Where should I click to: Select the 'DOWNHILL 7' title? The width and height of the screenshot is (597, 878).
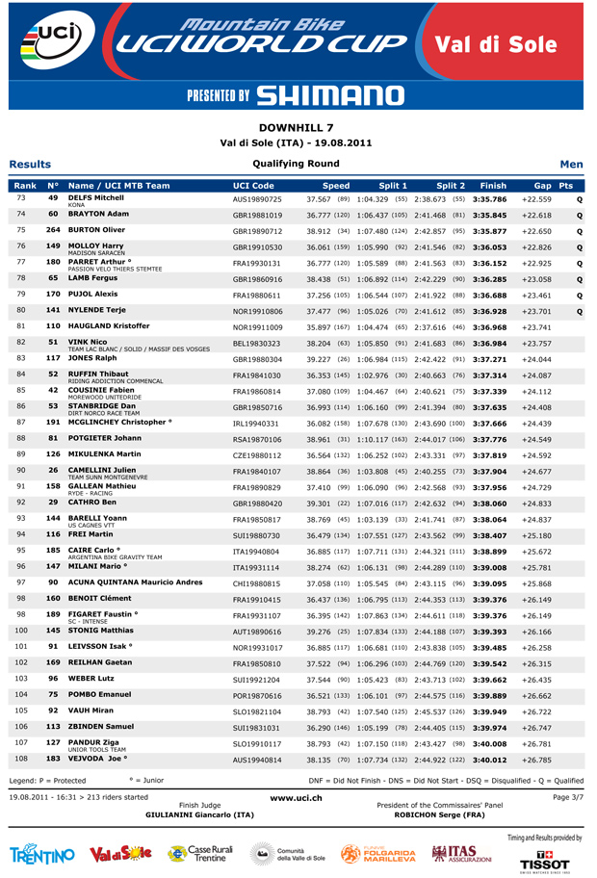[298, 127]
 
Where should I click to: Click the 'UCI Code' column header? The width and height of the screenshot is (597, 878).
[253, 185]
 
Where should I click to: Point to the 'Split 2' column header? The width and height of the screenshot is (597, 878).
[451, 185]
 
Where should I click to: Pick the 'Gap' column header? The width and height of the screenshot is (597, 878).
[542, 185]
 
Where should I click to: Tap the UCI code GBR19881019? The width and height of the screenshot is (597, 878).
[257, 215]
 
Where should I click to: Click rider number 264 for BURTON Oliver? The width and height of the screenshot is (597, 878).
[53, 230]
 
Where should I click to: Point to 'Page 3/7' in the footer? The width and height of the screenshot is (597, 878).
[567, 797]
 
